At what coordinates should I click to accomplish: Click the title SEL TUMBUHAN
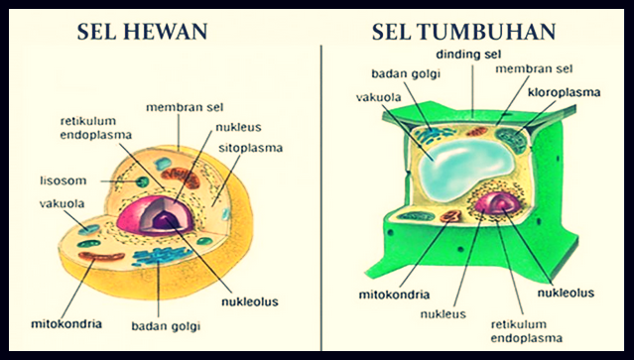tap(462, 33)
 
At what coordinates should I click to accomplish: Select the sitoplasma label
tap(249, 148)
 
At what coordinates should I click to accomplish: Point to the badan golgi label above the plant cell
tap(403, 73)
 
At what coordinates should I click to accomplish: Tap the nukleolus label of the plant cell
tap(566, 294)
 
